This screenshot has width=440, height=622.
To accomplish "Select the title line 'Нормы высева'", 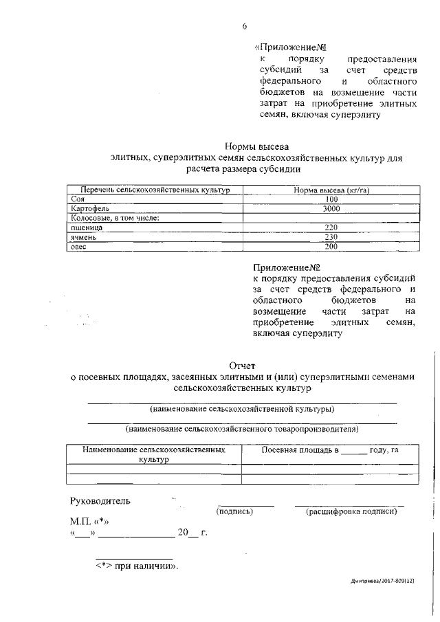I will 257,146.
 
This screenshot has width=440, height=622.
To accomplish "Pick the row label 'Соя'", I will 77,199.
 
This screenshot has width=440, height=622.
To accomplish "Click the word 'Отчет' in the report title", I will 243,365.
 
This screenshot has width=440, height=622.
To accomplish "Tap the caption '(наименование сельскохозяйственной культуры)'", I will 243,409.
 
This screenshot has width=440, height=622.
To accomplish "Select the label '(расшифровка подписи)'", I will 353,511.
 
